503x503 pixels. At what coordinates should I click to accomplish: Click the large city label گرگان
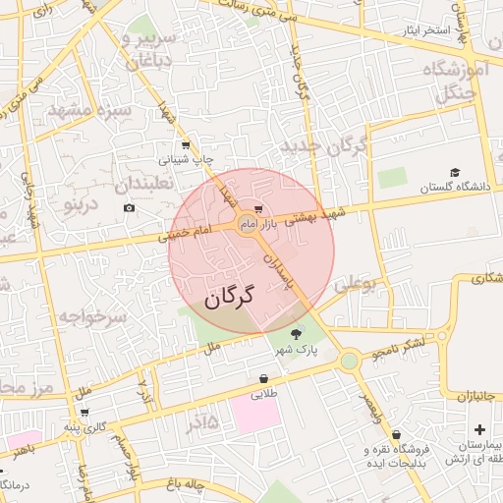[x=229, y=297]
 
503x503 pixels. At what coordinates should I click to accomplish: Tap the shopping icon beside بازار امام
[x=257, y=209]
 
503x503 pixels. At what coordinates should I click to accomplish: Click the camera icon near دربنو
[x=130, y=207]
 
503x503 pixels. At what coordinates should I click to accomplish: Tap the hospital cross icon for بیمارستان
[x=478, y=429]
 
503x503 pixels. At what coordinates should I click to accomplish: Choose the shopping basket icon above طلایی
[x=263, y=378]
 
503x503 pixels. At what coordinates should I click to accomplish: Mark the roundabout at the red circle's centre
[x=246, y=228]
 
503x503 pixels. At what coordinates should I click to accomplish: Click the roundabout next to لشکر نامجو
[x=350, y=362]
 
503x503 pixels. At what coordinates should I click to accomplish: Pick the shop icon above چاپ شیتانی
[x=186, y=144]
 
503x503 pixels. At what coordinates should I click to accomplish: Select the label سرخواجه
[x=92, y=317]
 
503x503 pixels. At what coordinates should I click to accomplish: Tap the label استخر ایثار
[x=423, y=30]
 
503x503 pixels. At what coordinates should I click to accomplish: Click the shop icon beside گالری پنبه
[x=85, y=412]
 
